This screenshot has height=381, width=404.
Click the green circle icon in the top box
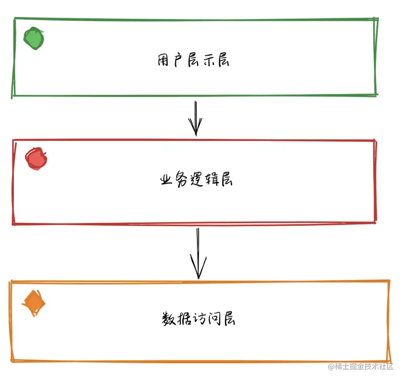click(x=34, y=39)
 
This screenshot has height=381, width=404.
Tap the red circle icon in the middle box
click(x=36, y=159)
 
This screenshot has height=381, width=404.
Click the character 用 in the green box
click(x=164, y=61)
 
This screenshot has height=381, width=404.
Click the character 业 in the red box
click(x=166, y=180)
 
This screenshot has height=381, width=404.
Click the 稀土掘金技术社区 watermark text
click(x=361, y=367)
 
